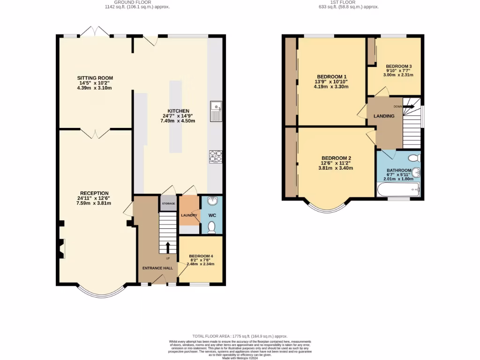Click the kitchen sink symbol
pyautogui.click(x=216, y=111)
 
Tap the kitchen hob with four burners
pyautogui.click(x=216, y=156)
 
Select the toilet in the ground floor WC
pyautogui.click(x=211, y=227)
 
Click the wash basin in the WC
pyautogui.click(x=213, y=201)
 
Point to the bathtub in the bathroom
pyautogui.click(x=398, y=190)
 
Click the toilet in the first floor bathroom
pyautogui.click(x=413, y=158)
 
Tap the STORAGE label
pyautogui.click(x=168, y=203)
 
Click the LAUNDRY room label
pyautogui.click(x=189, y=215)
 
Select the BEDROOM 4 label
pyautogui.click(x=201, y=256)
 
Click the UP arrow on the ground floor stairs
pyautogui.click(x=167, y=247)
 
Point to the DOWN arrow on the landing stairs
pyautogui.click(x=409, y=106)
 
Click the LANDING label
pyautogui.click(x=384, y=116)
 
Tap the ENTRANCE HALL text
pyautogui.click(x=157, y=268)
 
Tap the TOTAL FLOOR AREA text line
pyautogui.click(x=240, y=336)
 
